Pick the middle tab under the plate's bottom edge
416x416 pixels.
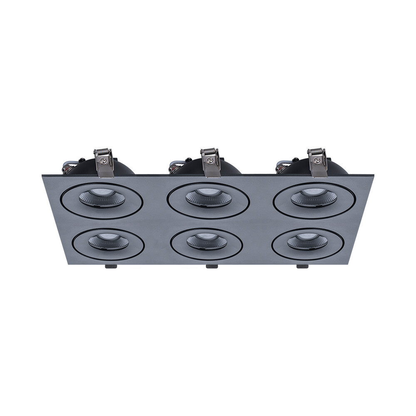(211, 267)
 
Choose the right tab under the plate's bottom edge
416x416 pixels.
(301, 267)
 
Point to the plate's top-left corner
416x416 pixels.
(42, 175)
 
